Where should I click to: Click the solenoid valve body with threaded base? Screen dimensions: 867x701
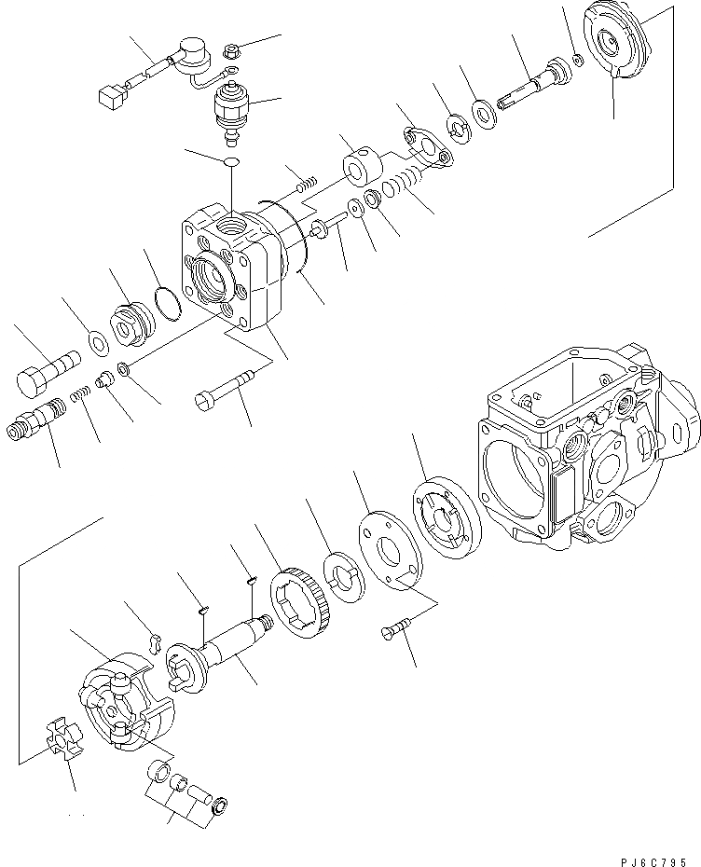229,108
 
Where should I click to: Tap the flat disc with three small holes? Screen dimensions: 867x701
387,555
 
